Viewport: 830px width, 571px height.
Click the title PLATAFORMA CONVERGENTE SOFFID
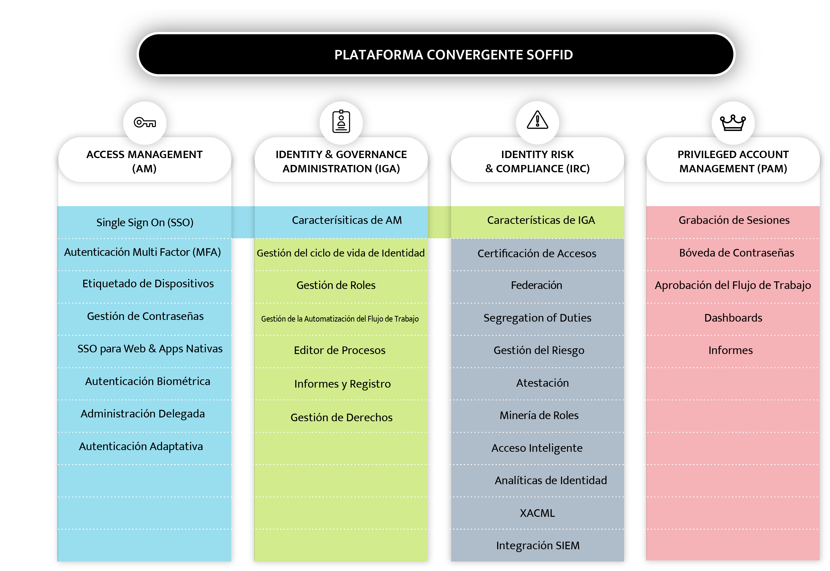453,55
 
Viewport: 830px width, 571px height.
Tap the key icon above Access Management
145,122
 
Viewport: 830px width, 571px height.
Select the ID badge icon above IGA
341,122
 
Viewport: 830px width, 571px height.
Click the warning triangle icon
537,120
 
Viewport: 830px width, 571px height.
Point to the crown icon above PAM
733,123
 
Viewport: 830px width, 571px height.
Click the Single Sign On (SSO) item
145,222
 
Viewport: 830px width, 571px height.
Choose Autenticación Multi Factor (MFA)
142,252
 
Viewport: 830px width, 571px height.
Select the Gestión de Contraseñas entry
145,316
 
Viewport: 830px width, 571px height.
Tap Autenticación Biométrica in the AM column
147,381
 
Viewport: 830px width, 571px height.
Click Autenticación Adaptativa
141,447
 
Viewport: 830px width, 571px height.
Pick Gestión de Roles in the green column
336,285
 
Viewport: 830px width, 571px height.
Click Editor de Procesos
339,350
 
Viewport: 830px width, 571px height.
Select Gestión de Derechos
341,417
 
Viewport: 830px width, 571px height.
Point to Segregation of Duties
537,318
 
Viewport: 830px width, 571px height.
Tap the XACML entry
537,513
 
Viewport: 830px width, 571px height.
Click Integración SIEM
538,546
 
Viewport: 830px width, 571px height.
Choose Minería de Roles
539,415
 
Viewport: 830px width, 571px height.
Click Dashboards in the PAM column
733,318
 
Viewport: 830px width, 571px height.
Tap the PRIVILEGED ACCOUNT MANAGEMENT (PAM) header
733,161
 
